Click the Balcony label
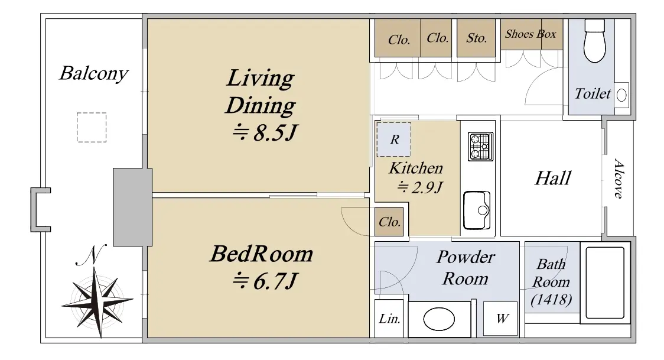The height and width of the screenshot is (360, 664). [x=93, y=73]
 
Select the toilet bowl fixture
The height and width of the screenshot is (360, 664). [x=594, y=41]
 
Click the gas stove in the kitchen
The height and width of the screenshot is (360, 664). [x=481, y=147]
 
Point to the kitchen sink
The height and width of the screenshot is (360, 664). [x=477, y=210]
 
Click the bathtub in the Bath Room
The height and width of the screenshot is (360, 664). [x=605, y=283]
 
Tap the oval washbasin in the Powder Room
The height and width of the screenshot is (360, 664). [x=439, y=319]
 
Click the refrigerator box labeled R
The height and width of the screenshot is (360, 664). [x=394, y=140]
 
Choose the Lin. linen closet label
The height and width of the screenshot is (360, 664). [x=389, y=319]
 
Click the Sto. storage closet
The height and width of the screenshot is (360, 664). [x=476, y=38]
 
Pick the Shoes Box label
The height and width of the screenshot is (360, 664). [x=530, y=34]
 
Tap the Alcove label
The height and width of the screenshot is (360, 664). [x=619, y=179]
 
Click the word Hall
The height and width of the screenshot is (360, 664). [x=553, y=178]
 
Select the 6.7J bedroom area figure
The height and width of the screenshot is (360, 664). [x=265, y=280]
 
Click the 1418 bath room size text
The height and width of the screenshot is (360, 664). [x=551, y=300]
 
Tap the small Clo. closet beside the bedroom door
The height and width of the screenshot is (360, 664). [x=389, y=222]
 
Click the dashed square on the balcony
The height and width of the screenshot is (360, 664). [x=92, y=127]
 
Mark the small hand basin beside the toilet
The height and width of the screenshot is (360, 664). [x=621, y=95]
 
